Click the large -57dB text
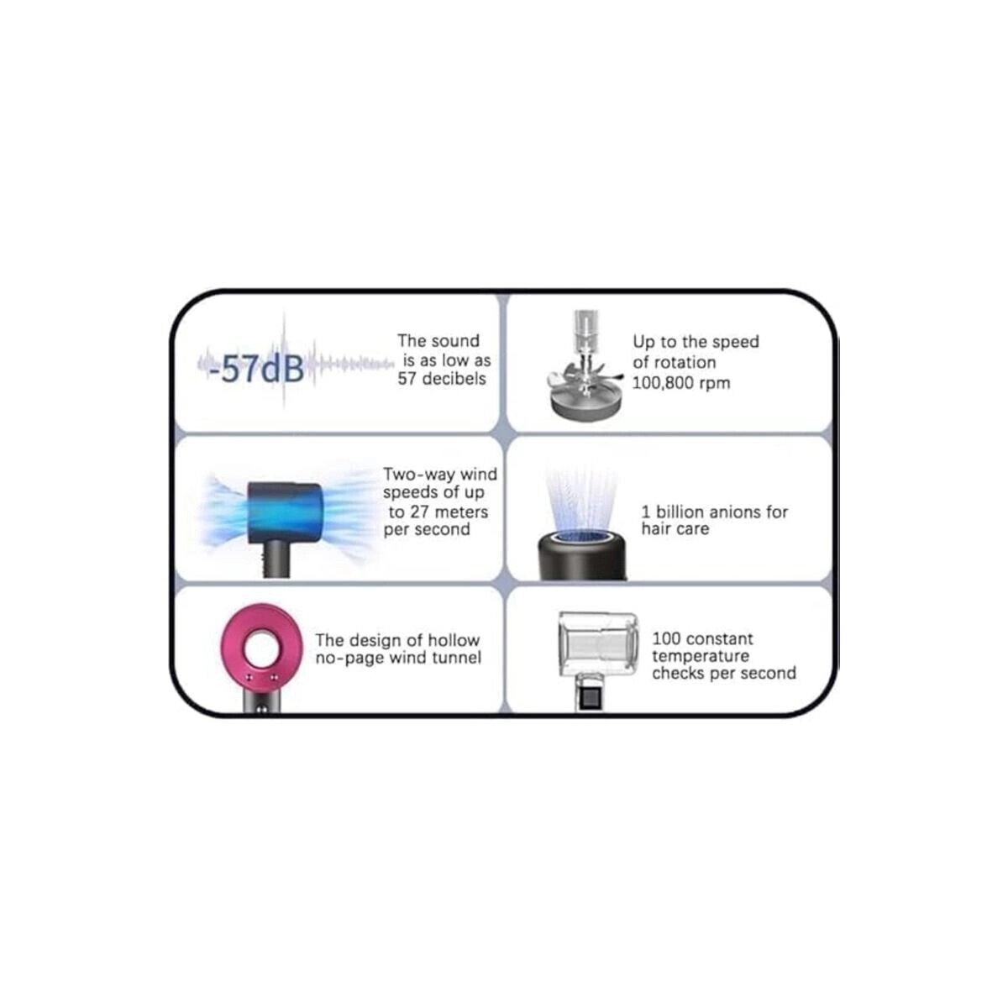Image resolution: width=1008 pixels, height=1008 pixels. (x=256, y=370)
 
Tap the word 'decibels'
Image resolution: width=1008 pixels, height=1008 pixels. (x=454, y=379)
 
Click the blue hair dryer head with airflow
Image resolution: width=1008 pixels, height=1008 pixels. (x=286, y=507)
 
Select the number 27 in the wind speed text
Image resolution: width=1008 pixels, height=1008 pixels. (x=419, y=512)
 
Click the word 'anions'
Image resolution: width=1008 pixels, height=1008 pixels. (x=730, y=512)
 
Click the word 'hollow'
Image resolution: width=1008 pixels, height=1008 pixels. (x=454, y=640)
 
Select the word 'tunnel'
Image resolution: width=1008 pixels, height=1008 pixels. (x=457, y=658)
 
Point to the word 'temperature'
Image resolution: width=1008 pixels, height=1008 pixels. (x=701, y=656)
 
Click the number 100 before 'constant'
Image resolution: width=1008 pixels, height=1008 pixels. (x=665, y=638)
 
